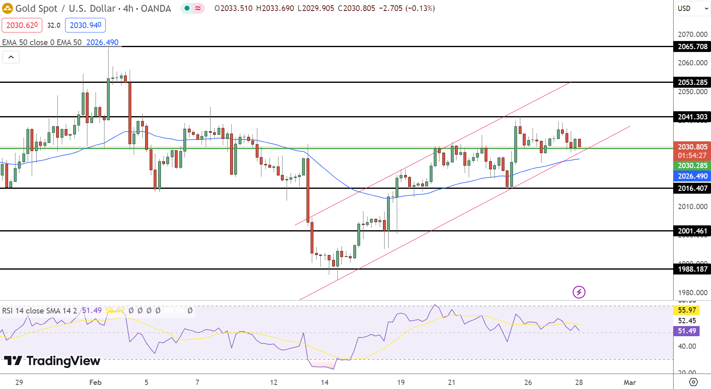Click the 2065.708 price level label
692,47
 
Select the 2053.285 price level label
692,82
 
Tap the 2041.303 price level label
692,117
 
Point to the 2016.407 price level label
692,188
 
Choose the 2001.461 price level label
692,231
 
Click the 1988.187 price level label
692,269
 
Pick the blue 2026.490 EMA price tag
692,176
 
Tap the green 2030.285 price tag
692,166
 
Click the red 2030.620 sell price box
22,25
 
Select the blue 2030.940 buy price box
85,25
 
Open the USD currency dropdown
693,9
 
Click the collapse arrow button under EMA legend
11,57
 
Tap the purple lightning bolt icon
579,292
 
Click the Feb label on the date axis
95,382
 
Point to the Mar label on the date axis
630,382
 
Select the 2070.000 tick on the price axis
692,35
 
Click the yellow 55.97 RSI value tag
687,310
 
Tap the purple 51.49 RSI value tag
687,331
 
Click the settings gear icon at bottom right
694,382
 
